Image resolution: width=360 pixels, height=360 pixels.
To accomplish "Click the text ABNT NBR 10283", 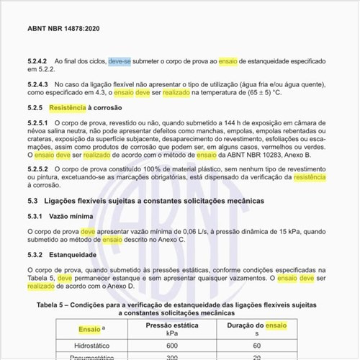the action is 270,155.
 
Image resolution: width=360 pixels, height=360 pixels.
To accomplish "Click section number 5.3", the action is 32,199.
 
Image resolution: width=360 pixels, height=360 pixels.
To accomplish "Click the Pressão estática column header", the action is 171,325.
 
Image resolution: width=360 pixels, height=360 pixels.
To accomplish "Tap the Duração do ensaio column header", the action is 257,325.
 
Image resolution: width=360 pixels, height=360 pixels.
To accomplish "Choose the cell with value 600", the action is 171,347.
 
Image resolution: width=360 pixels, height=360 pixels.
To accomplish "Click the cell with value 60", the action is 257,347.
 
